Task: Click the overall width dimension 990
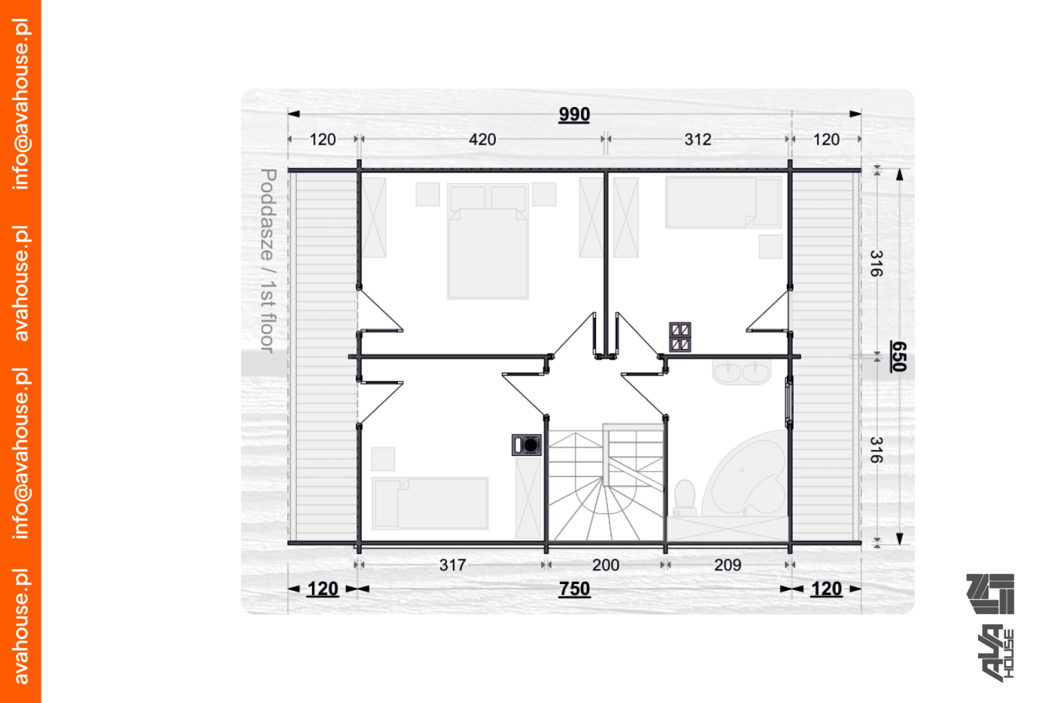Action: pos(573,115)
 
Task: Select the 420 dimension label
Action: pos(482,139)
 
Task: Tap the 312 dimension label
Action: pos(698,139)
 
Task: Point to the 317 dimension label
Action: pos(452,564)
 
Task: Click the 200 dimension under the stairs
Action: pos(605,564)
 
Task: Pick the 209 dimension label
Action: pos(728,564)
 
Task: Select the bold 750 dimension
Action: pos(574,589)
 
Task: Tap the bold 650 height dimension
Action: pos(898,356)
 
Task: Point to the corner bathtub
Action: pos(749,475)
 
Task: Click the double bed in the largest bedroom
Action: pos(488,241)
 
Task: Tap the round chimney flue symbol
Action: pos(527,445)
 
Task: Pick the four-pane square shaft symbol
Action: pos(680,337)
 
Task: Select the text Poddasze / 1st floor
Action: pos(268,261)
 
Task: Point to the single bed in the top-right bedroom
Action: pos(723,203)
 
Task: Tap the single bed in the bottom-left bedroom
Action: pos(430,503)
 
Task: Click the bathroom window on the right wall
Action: pos(788,402)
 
